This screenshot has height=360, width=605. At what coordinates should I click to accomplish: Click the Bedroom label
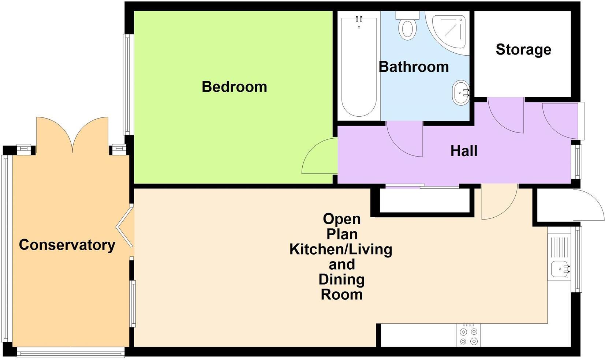click(234, 87)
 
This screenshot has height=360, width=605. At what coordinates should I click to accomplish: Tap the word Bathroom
click(414, 67)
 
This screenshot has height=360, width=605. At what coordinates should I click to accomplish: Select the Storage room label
click(523, 50)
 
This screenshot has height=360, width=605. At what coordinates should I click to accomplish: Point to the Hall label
click(464, 151)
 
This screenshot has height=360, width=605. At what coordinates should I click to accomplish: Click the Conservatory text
click(67, 245)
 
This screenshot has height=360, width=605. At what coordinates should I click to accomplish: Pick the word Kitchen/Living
click(341, 250)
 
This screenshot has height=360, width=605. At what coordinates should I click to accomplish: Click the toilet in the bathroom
click(407, 27)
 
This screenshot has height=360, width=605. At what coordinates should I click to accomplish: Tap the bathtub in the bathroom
click(359, 66)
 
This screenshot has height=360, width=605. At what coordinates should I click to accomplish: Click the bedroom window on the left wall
click(126, 84)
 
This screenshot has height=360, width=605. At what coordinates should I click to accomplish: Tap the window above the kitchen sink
click(578, 259)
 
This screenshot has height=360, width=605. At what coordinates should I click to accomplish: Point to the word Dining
click(341, 280)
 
